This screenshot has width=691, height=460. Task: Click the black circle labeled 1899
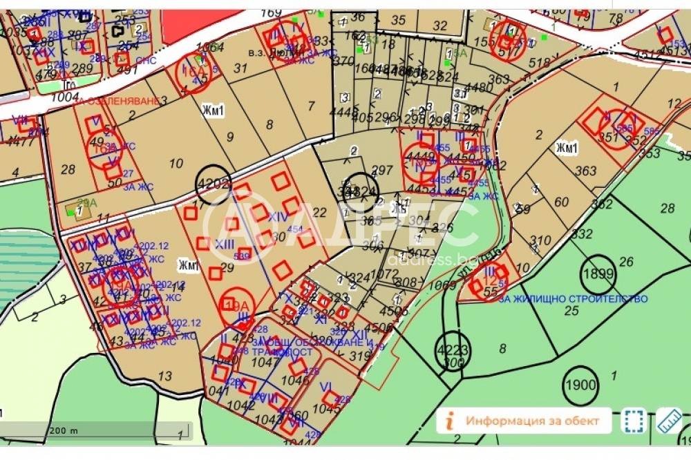(x=597, y=272)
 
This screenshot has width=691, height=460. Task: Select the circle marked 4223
(x=452, y=351)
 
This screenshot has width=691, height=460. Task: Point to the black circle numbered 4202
(x=213, y=184)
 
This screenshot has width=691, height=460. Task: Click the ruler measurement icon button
(x=669, y=420)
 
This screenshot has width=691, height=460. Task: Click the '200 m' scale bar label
(x=64, y=430)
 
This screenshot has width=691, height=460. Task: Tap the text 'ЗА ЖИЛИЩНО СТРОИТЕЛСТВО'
(x=573, y=299)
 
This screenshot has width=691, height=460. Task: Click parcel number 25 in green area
(x=571, y=311)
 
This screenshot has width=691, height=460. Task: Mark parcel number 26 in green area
(x=627, y=261)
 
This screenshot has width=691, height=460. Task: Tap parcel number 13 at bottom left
(x=164, y=376)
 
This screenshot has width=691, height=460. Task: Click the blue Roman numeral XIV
(x=277, y=217)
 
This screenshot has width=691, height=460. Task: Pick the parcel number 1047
(x=262, y=361)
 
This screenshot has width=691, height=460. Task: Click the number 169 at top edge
(x=272, y=12)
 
